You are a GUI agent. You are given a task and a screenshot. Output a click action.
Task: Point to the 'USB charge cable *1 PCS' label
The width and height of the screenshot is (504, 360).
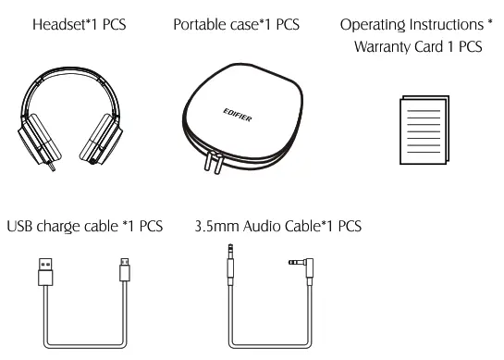85,225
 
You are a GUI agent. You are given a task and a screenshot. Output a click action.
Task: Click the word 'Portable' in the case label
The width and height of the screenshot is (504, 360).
201,21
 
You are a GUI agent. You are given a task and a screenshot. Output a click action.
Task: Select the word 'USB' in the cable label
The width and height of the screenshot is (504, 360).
22,225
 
